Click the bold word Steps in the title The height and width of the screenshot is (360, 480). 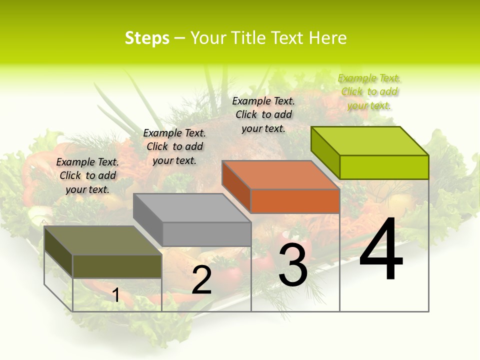coord(147,38)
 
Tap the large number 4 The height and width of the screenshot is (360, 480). coord(381,250)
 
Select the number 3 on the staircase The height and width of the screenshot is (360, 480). coord(293,265)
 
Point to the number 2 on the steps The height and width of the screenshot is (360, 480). coord(201,280)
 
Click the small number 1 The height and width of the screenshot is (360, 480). coord(116,295)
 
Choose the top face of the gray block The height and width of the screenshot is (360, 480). coord(192,208)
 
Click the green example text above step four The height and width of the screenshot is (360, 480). coord(369,91)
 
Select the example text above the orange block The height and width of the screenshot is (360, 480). coord(263,114)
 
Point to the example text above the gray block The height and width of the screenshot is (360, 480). coord(174,146)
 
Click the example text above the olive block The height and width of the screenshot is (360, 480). coord(87,175)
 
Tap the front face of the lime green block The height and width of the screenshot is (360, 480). coord(384,167)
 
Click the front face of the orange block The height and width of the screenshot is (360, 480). coord(295,201)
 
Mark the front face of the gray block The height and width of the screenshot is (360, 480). coord(206,234)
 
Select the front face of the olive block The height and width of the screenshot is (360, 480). coord(117,266)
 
